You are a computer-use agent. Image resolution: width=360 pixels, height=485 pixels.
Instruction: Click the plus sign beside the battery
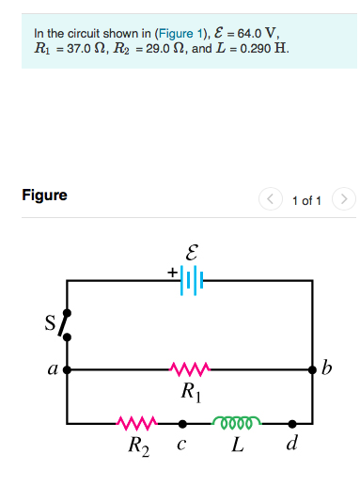click(173, 273)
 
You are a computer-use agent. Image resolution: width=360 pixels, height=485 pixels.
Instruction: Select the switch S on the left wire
click(66, 323)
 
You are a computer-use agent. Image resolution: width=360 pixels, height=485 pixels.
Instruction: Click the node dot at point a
click(67, 370)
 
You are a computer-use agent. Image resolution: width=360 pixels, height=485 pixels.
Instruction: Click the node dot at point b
click(312, 370)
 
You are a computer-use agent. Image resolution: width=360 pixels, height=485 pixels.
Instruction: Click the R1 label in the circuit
click(191, 389)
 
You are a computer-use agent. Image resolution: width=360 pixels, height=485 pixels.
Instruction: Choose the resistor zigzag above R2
click(133, 424)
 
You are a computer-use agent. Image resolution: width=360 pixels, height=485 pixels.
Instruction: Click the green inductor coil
click(238, 423)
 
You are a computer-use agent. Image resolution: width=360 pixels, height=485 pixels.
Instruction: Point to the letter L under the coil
click(239, 444)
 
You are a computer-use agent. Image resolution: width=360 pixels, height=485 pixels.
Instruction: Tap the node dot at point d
click(292, 424)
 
